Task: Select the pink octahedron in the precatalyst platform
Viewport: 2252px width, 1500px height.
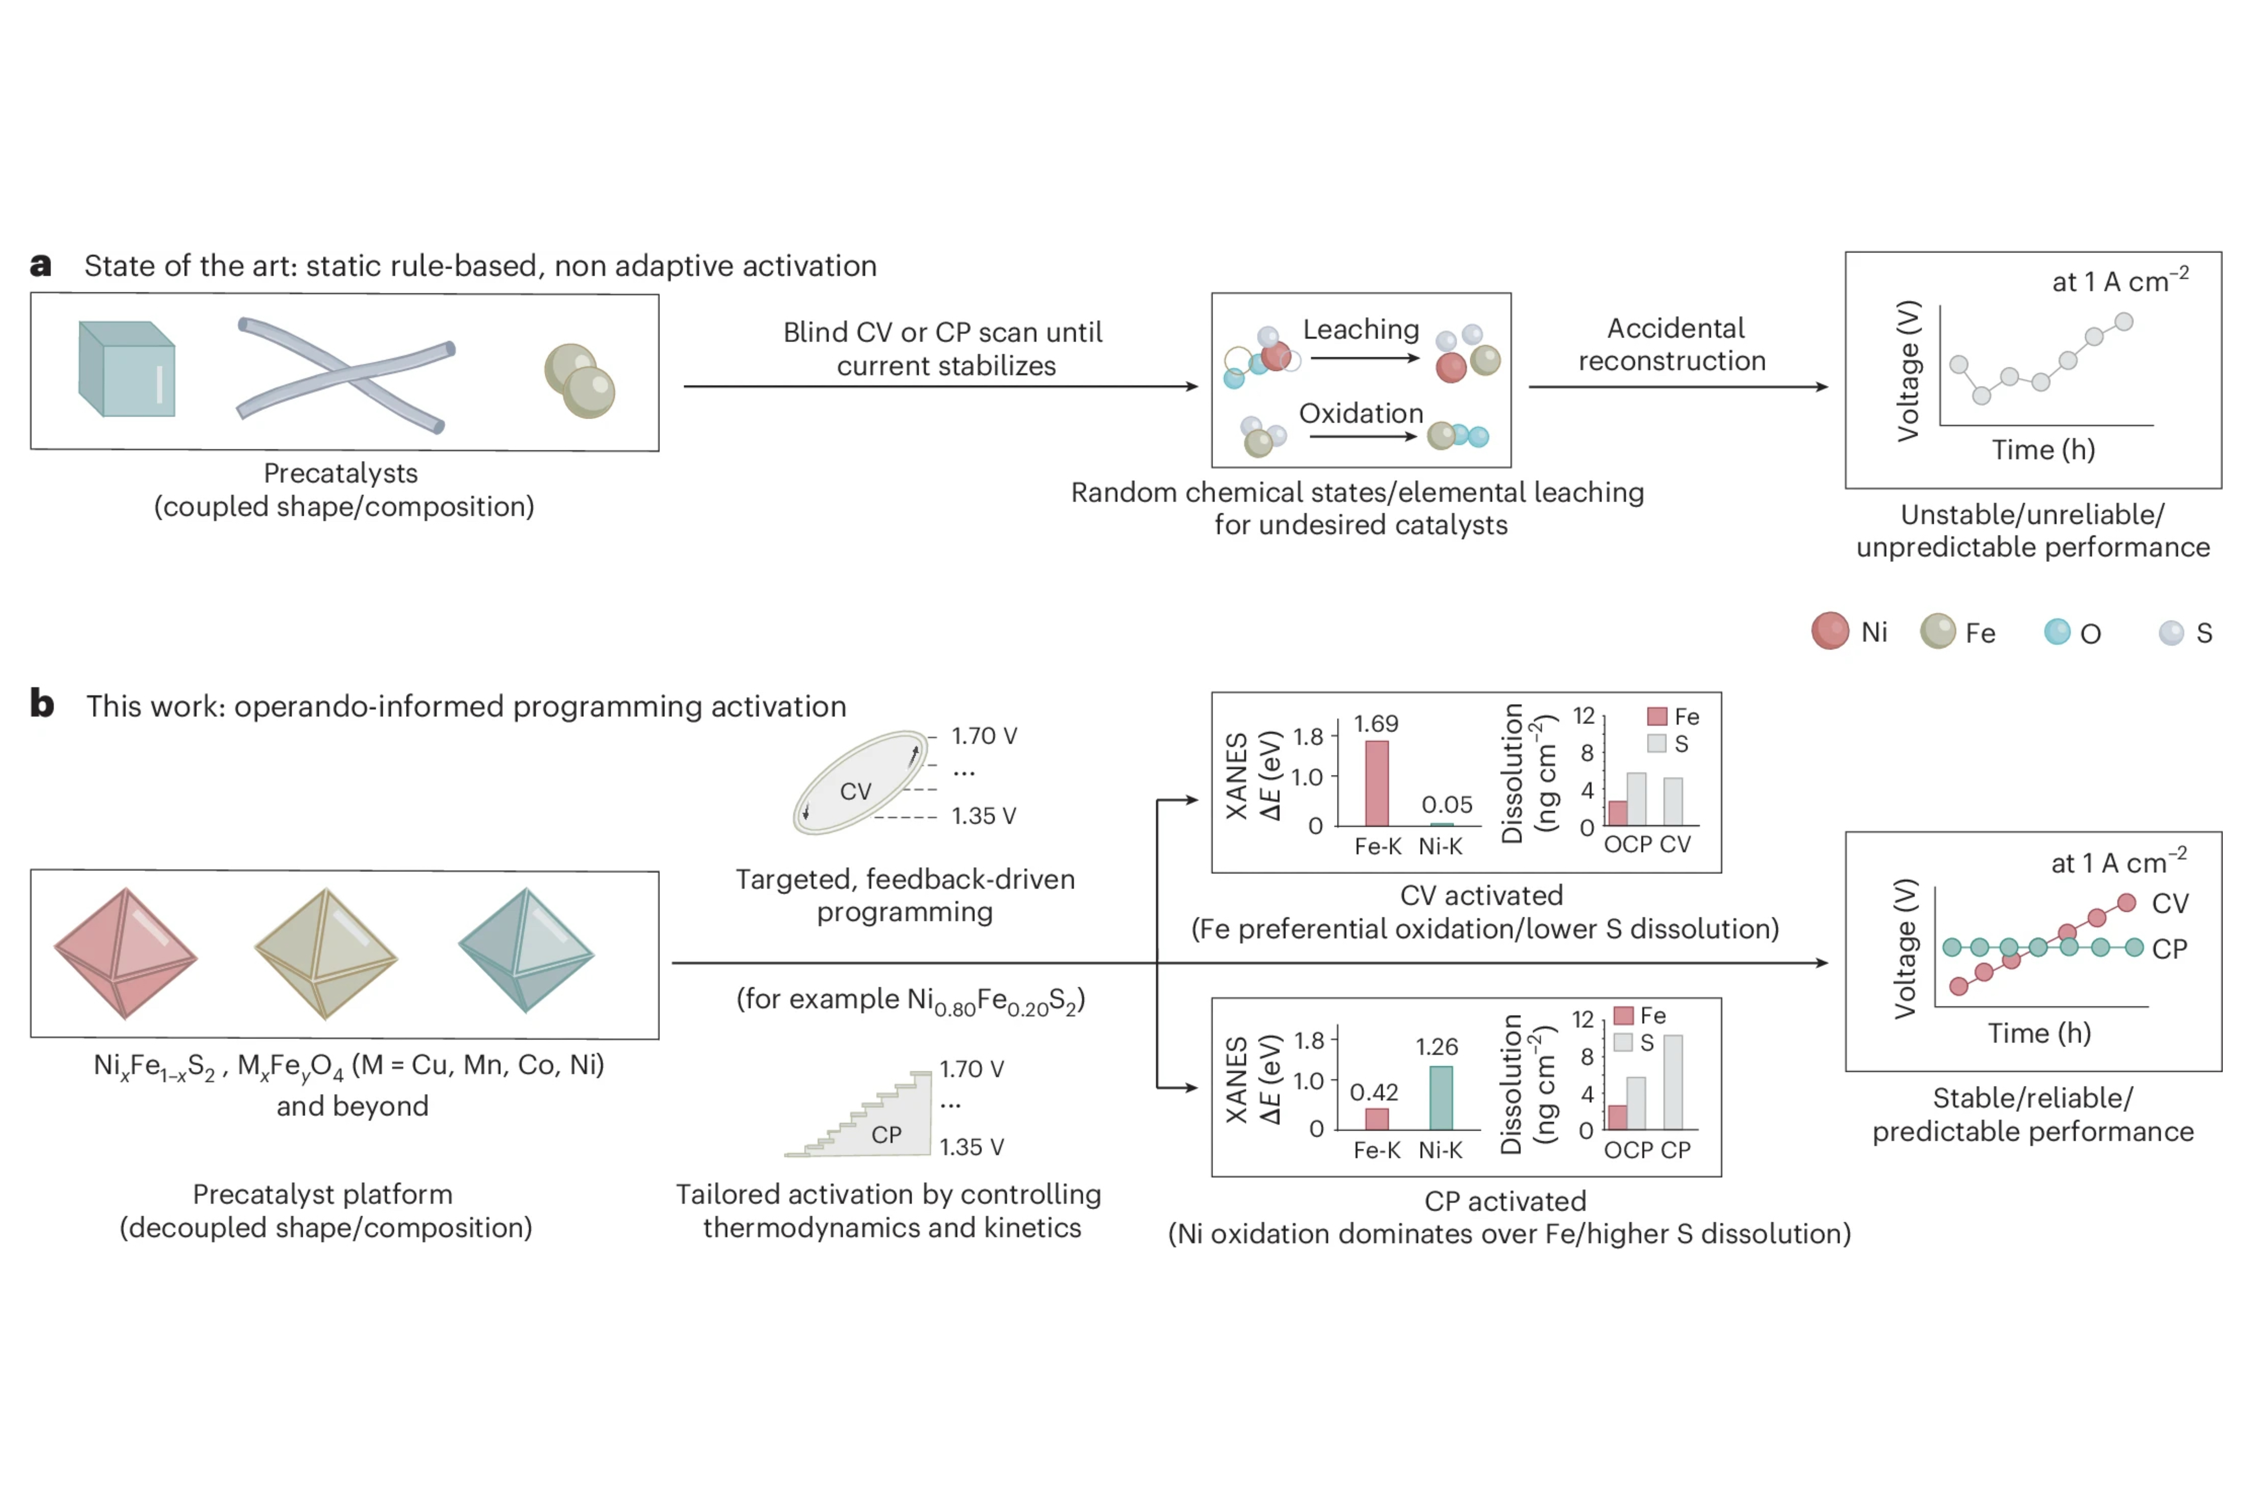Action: [125, 953]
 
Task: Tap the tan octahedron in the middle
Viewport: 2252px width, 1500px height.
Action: [325, 953]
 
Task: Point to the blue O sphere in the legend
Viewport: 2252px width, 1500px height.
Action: [2057, 631]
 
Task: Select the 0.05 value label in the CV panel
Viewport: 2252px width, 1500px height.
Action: [1446, 805]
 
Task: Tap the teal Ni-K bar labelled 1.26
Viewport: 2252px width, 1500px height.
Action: [1441, 1097]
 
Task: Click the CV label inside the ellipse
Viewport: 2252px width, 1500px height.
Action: [855, 791]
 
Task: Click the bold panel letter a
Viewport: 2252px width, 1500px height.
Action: [41, 265]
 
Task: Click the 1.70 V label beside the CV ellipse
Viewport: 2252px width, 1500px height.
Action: [984, 736]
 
